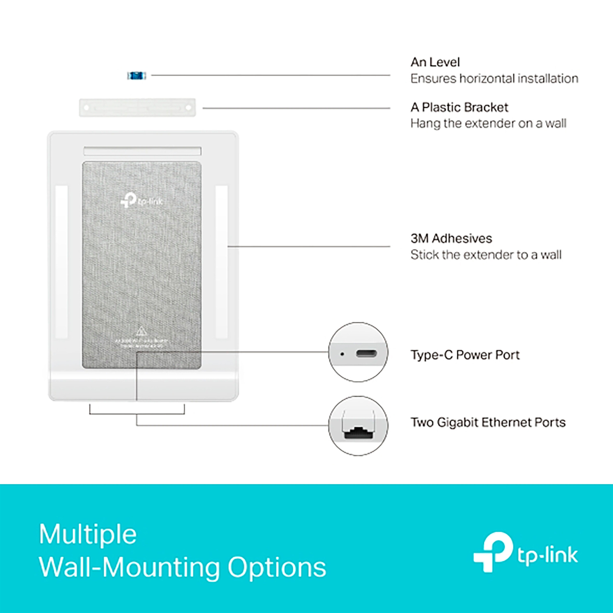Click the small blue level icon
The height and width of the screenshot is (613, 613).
137,76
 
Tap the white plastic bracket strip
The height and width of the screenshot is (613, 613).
137,108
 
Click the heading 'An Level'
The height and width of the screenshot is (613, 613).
435,62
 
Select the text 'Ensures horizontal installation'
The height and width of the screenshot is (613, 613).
494,79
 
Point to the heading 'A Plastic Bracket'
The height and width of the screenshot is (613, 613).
459,107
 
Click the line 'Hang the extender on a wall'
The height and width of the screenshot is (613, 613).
488,124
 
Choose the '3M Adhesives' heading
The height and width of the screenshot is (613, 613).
451,238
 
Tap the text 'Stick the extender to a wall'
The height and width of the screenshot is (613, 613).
486,255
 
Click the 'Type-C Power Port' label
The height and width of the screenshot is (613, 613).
465,355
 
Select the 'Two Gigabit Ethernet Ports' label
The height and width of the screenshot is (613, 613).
488,422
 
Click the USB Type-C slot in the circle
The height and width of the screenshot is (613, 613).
367,354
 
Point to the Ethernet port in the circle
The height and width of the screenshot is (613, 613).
358,433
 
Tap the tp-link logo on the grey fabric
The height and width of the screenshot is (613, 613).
142,201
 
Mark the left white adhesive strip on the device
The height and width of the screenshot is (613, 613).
62,261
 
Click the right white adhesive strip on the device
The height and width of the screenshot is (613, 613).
222,261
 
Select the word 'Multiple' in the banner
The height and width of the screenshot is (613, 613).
88,534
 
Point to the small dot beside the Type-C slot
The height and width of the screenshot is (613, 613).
342,354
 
